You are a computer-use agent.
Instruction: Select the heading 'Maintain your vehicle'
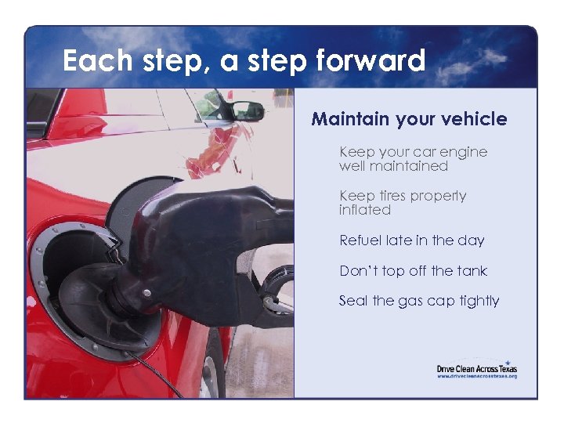409,119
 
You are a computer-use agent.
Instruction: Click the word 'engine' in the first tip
462,152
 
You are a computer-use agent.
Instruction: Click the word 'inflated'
364,210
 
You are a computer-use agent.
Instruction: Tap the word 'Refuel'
360,240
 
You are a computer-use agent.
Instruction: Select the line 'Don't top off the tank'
413,271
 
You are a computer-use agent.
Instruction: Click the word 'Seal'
352,301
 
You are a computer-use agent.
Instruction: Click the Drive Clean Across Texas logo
476,367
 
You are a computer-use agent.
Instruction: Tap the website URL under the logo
476,377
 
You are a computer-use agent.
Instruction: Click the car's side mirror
247,110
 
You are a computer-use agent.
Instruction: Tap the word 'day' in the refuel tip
472,240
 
